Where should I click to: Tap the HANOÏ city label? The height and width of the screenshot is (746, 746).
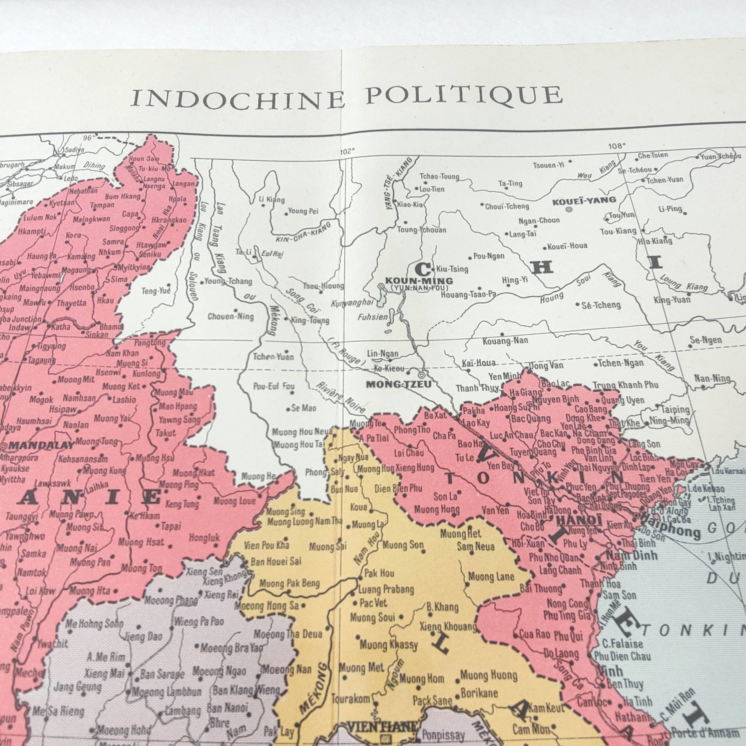pyautogui.click(x=579, y=520)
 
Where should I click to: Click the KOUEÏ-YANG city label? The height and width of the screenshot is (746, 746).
pyautogui.click(x=584, y=201)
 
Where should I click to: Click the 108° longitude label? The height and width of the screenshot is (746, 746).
pyautogui.click(x=616, y=146)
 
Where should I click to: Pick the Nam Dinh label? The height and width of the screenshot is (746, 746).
pyautogui.click(x=631, y=556)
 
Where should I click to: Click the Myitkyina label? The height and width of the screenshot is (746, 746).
pyautogui.click(x=133, y=267)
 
